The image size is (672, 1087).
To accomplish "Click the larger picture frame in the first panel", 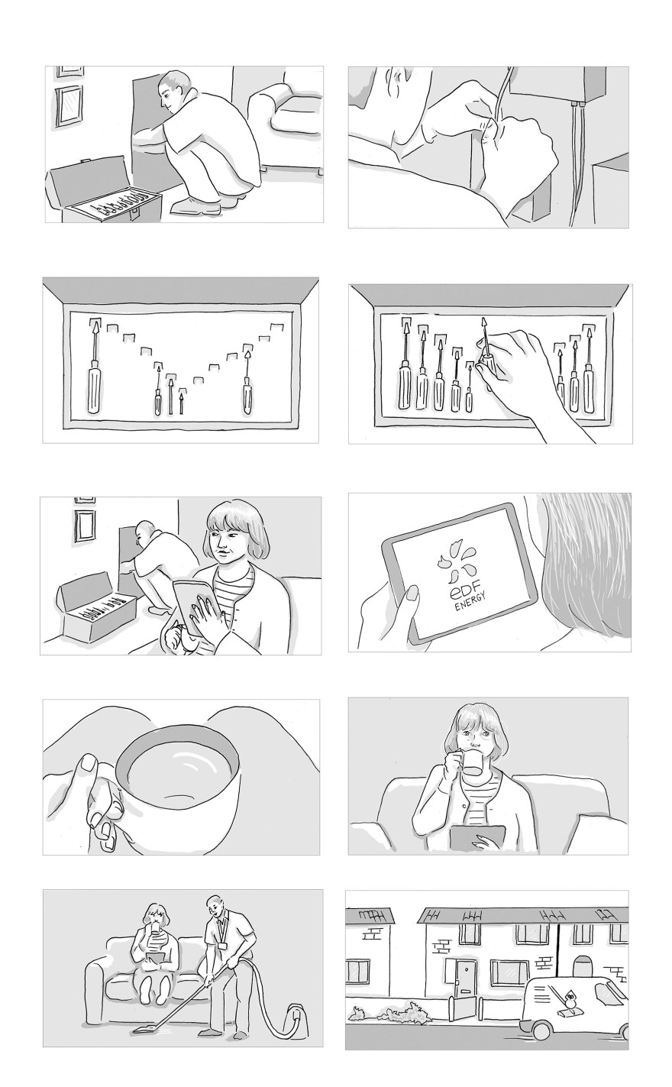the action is pos(69,105).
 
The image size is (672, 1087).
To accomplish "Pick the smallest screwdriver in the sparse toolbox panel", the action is pos(182,400).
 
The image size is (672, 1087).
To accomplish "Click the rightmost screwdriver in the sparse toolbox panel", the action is pos(247,380).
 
